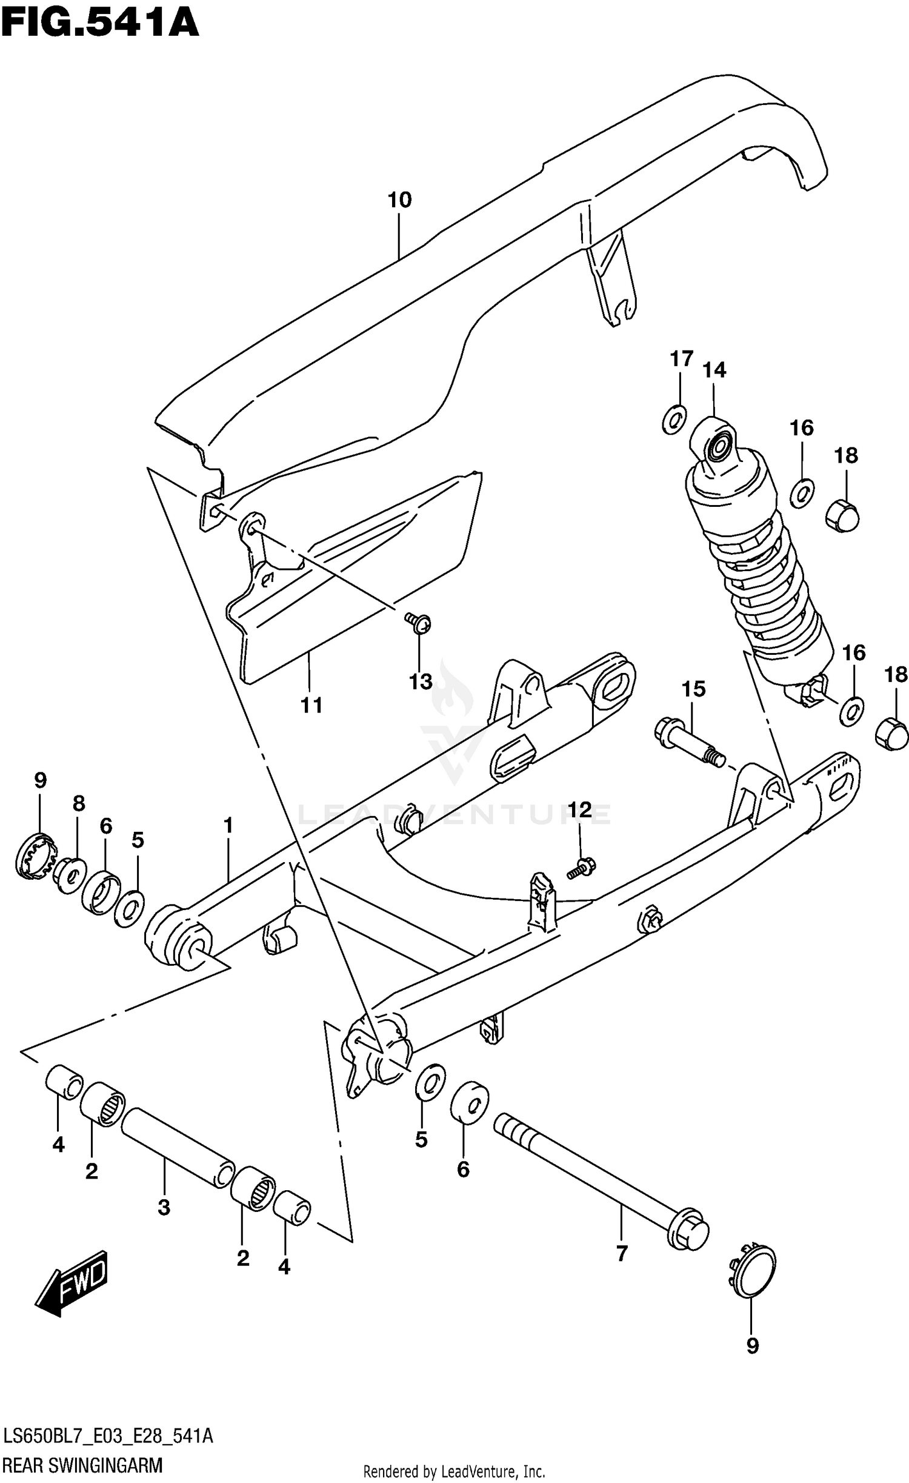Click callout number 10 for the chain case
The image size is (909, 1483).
pos(399,199)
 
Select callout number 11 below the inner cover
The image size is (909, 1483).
pos(311,705)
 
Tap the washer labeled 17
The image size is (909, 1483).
pos(674,419)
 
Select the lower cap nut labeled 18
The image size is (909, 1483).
pos(892,735)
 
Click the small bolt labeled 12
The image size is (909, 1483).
pos(582,867)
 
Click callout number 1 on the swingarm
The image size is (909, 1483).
pos(228,825)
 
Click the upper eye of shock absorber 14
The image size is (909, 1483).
pos(719,447)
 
